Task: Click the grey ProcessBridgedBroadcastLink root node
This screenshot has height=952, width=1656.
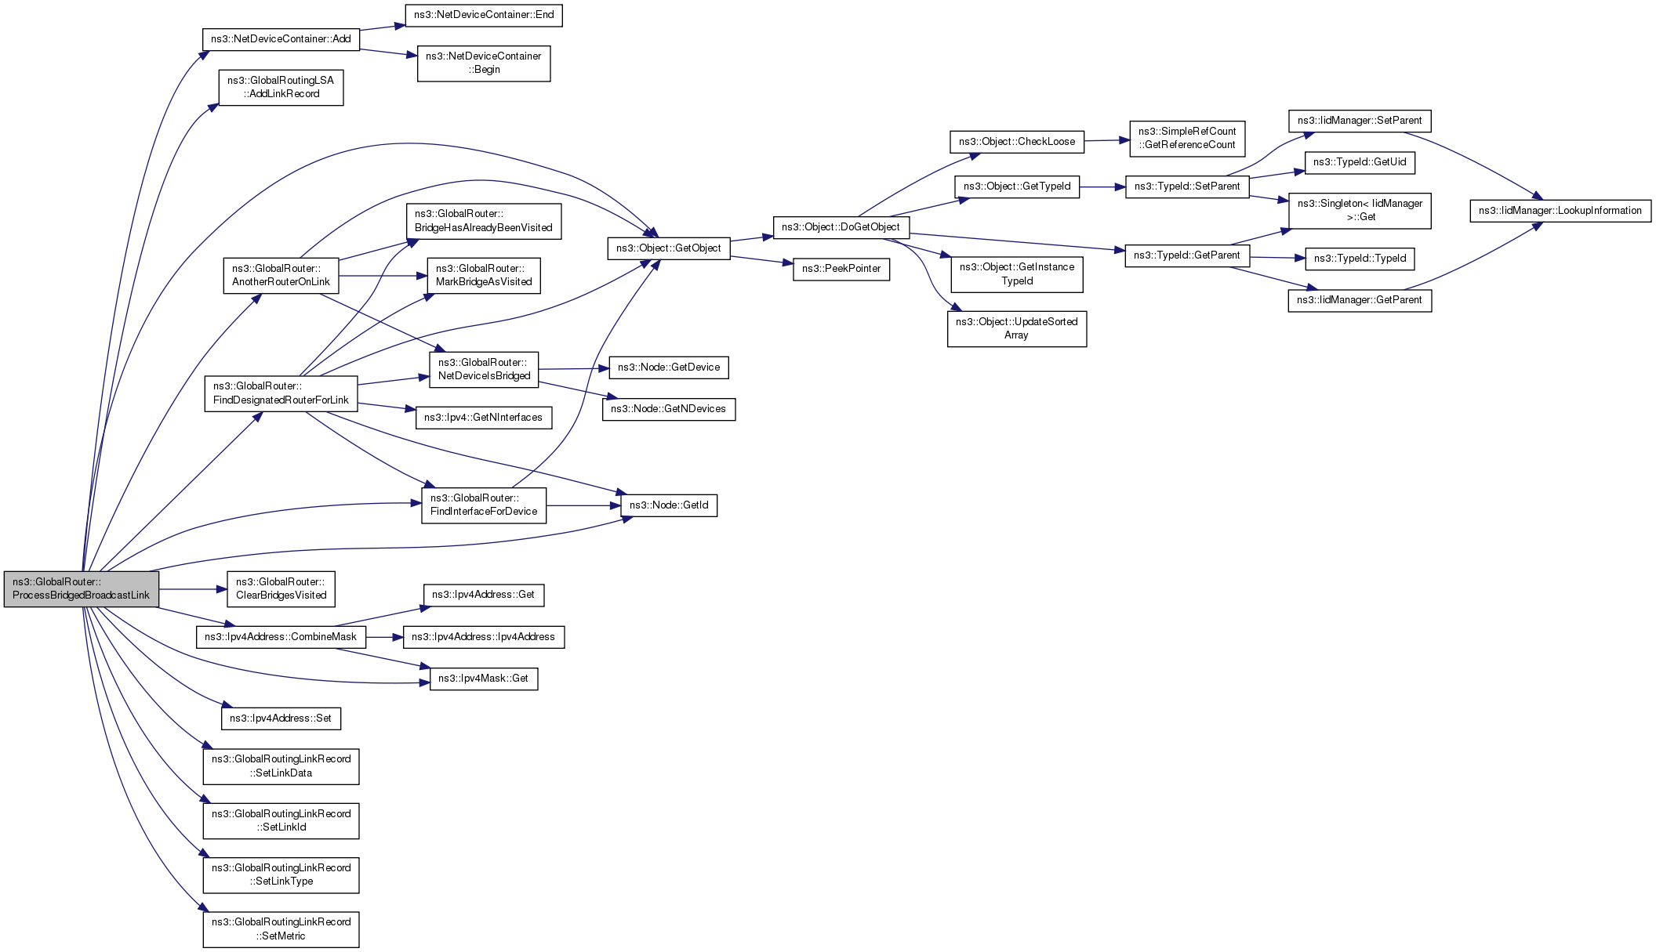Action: pyautogui.click(x=82, y=588)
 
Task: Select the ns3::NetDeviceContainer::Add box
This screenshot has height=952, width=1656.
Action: pyautogui.click(x=281, y=39)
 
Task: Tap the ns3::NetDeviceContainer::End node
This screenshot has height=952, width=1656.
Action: pyautogui.click(x=484, y=15)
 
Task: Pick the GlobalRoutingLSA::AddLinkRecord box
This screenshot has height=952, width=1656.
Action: pyautogui.click(x=281, y=87)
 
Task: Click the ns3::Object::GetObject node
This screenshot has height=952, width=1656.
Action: pyautogui.click(x=668, y=248)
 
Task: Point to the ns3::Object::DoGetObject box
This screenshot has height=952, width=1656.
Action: pyautogui.click(x=841, y=227)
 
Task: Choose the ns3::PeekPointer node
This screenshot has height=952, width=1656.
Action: pyautogui.click(x=841, y=269)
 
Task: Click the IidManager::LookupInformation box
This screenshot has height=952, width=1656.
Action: pyautogui.click(x=1560, y=211)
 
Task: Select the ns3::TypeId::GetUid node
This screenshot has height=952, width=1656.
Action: pyautogui.click(x=1360, y=162)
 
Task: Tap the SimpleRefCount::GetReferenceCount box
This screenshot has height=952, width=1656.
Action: pyautogui.click(x=1187, y=138)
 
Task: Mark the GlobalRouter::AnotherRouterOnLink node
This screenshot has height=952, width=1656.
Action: pyautogui.click(x=281, y=275)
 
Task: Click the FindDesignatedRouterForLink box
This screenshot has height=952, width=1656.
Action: pyautogui.click(x=281, y=393)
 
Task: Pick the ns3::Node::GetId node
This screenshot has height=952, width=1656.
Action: pyautogui.click(x=669, y=505)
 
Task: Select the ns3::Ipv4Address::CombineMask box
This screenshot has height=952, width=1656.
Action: pyautogui.click(x=281, y=637)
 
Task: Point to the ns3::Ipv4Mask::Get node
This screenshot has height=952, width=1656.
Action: pyautogui.click(x=484, y=679)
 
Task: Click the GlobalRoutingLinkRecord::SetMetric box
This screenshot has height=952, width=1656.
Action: pyautogui.click(x=281, y=928)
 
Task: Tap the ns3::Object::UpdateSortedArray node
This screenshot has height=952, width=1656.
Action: pyautogui.click(x=1016, y=328)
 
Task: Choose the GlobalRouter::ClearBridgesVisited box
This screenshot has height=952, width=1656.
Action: pyautogui.click(x=281, y=588)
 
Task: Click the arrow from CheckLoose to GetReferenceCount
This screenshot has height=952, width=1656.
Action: pyautogui.click(x=1106, y=140)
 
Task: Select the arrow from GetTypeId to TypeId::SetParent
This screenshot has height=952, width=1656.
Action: pyautogui.click(x=1102, y=187)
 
